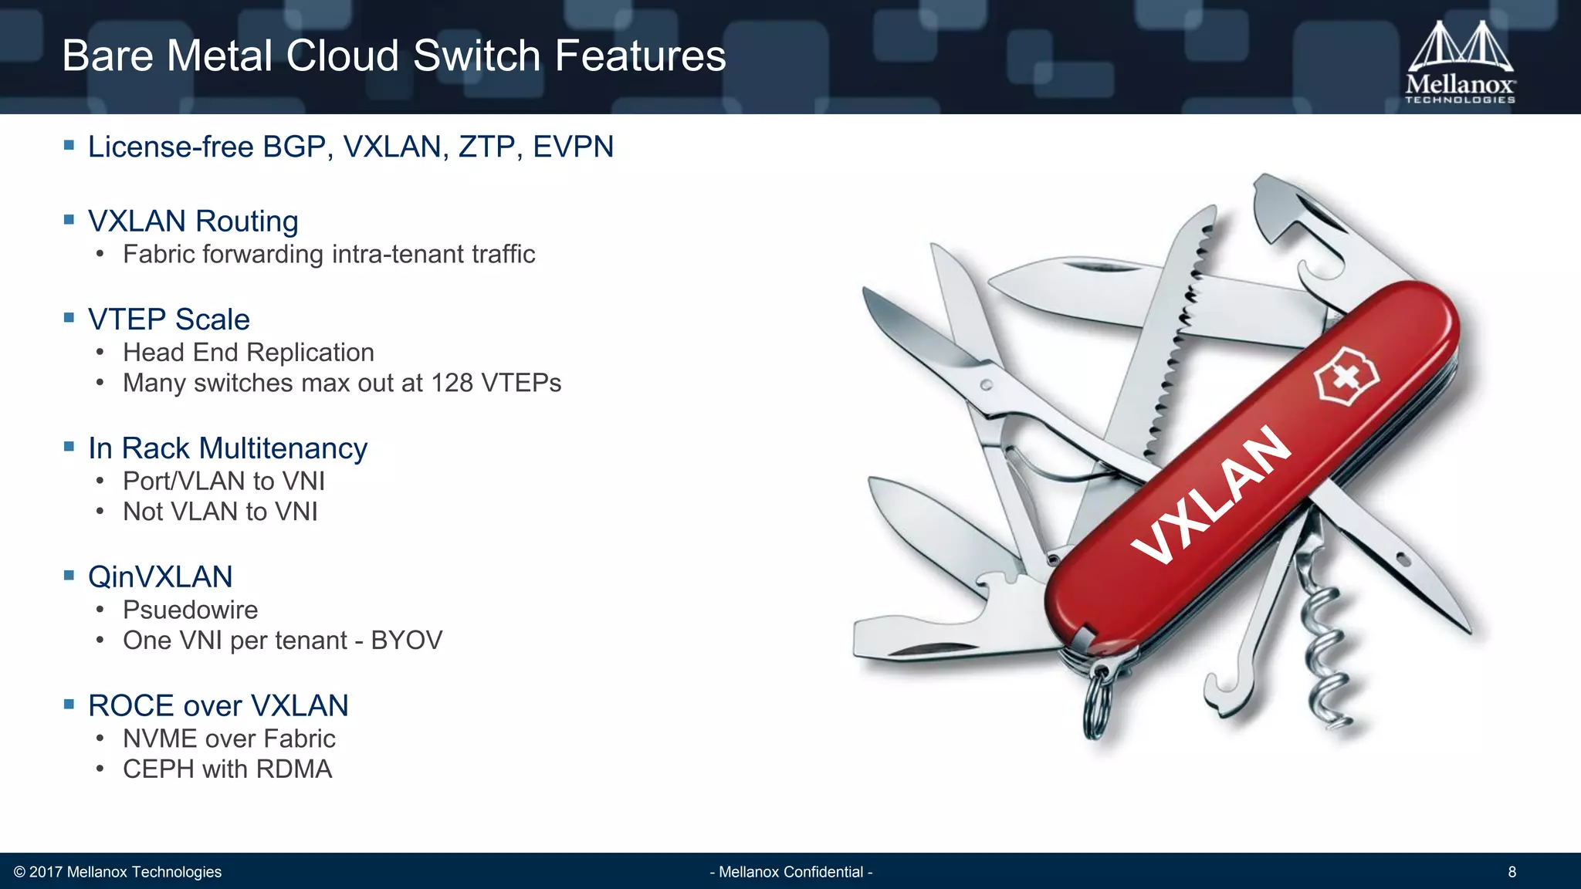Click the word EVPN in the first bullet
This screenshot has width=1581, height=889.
(x=573, y=147)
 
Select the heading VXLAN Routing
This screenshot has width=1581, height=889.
(x=193, y=221)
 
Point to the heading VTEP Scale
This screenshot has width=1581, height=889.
(x=168, y=319)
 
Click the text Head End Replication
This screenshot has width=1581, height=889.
(x=248, y=353)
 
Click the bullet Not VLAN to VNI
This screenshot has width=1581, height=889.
(x=220, y=512)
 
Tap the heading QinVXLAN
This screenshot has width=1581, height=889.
(x=160, y=577)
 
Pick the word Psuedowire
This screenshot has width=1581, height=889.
(x=190, y=610)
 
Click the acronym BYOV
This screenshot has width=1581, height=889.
(x=406, y=641)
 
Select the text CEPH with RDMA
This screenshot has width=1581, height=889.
(x=227, y=769)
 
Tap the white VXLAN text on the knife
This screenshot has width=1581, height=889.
(x=1210, y=494)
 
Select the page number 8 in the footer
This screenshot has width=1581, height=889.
(x=1512, y=872)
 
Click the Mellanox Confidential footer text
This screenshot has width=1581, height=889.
(x=790, y=872)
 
